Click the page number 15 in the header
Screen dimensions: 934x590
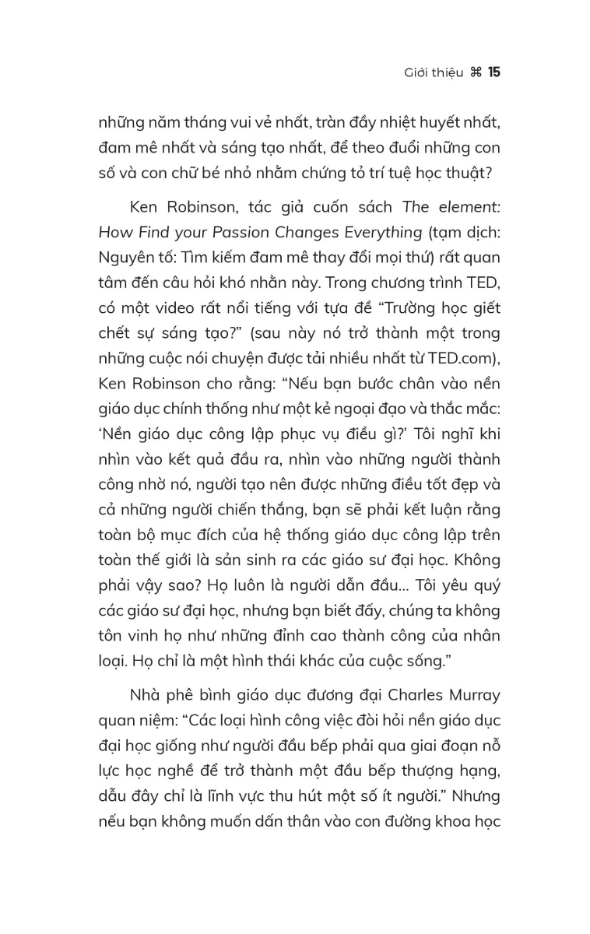[494, 72]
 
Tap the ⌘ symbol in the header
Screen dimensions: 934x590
[476, 72]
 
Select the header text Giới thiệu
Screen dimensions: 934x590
[433, 73]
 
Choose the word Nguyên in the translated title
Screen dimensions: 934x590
[123, 258]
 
